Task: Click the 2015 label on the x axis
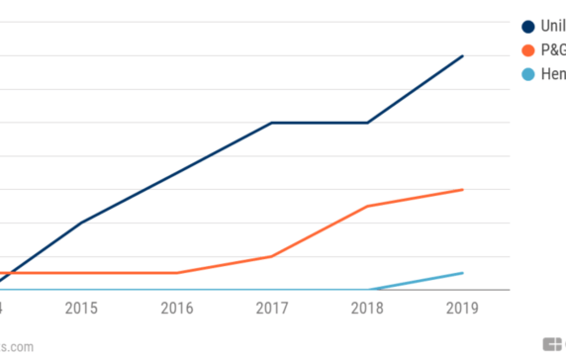click(x=81, y=309)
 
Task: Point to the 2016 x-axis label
click(x=176, y=309)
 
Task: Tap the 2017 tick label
click(x=271, y=309)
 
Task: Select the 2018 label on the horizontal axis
click(x=367, y=309)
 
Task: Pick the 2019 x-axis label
click(x=462, y=309)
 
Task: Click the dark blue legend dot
click(x=527, y=27)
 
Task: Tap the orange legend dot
click(x=527, y=50)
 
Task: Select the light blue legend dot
click(x=527, y=74)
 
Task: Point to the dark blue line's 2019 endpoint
click(x=463, y=56)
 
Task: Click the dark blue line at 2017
click(x=272, y=123)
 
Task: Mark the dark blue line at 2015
click(x=81, y=223)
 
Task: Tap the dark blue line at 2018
click(x=367, y=123)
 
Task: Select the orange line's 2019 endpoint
click(x=463, y=189)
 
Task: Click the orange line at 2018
click(x=367, y=206)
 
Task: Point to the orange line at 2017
click(x=272, y=256)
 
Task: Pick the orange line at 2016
click(x=176, y=272)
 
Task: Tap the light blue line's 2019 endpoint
click(x=463, y=272)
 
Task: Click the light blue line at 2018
click(x=367, y=290)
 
